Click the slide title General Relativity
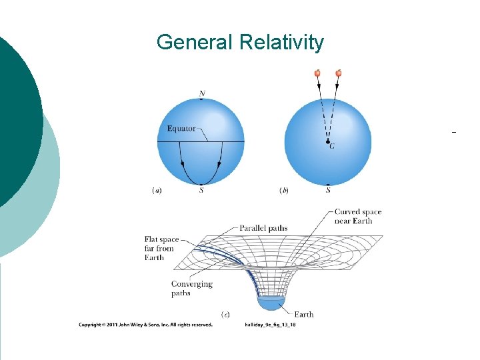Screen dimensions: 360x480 (240, 43)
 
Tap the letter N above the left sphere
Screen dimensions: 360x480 (201, 93)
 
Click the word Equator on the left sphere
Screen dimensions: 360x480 (181, 129)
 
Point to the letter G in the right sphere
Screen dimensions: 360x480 (332, 147)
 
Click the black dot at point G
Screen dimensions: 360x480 (327, 141)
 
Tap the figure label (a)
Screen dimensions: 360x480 (157, 190)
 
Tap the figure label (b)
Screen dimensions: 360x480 (283, 190)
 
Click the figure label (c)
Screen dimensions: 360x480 (225, 313)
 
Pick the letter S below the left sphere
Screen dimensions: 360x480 (201, 191)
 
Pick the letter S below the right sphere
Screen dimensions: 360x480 (328, 191)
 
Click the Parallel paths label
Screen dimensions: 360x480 (263, 228)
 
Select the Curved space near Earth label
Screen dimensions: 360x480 (358, 217)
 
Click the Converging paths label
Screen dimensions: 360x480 (191, 288)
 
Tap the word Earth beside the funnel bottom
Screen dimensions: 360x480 (303, 314)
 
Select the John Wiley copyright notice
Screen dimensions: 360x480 (145, 325)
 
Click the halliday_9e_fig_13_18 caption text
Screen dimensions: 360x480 (271, 325)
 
